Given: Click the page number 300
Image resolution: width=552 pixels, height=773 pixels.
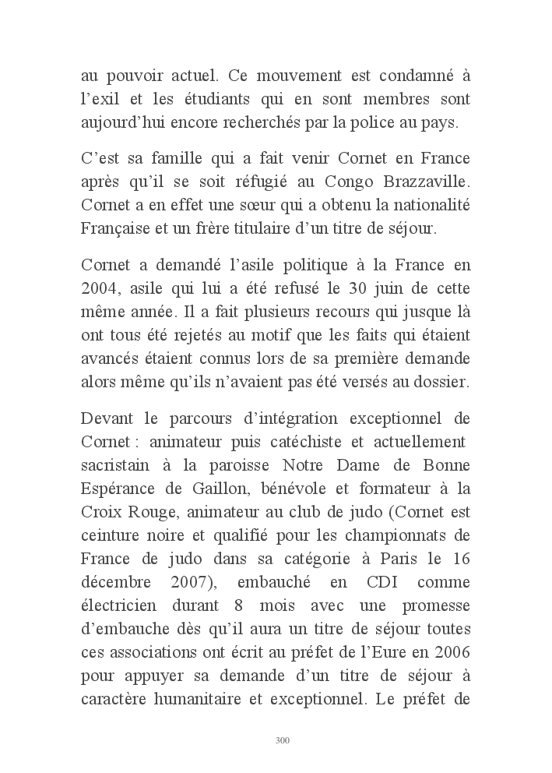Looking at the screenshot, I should click(283, 740).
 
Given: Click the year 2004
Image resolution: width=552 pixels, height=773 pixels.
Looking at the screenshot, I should click(97, 287).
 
